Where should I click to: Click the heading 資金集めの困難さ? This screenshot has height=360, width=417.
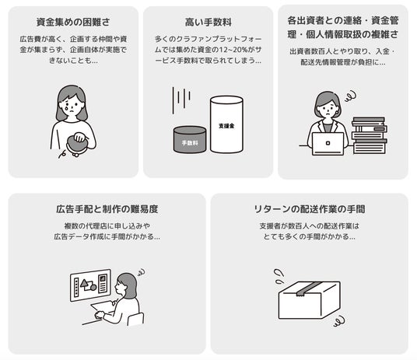point(73,22)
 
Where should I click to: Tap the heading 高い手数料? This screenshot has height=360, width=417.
point(208,22)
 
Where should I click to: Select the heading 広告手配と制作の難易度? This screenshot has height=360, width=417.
point(107,209)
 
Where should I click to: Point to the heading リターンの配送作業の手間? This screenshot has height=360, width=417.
point(310,209)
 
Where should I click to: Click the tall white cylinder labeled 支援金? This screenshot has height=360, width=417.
point(226,124)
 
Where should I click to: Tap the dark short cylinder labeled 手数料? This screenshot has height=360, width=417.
point(190,140)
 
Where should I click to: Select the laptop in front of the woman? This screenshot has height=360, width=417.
point(328,144)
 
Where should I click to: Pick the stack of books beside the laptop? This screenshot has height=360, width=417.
point(370,135)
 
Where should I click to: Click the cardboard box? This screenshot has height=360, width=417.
point(310,300)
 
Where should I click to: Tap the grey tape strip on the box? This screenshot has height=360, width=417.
point(309,288)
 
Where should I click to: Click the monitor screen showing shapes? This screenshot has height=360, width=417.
point(91,285)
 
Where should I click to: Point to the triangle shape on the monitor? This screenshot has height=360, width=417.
point(85,285)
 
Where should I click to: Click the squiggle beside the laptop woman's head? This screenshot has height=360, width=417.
point(351,96)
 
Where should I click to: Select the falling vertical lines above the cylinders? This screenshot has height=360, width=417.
point(181,100)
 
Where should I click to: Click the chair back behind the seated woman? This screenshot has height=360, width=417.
point(135,319)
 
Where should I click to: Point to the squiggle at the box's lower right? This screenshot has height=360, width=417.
point(339,321)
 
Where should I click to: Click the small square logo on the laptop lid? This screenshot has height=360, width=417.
point(328,143)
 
